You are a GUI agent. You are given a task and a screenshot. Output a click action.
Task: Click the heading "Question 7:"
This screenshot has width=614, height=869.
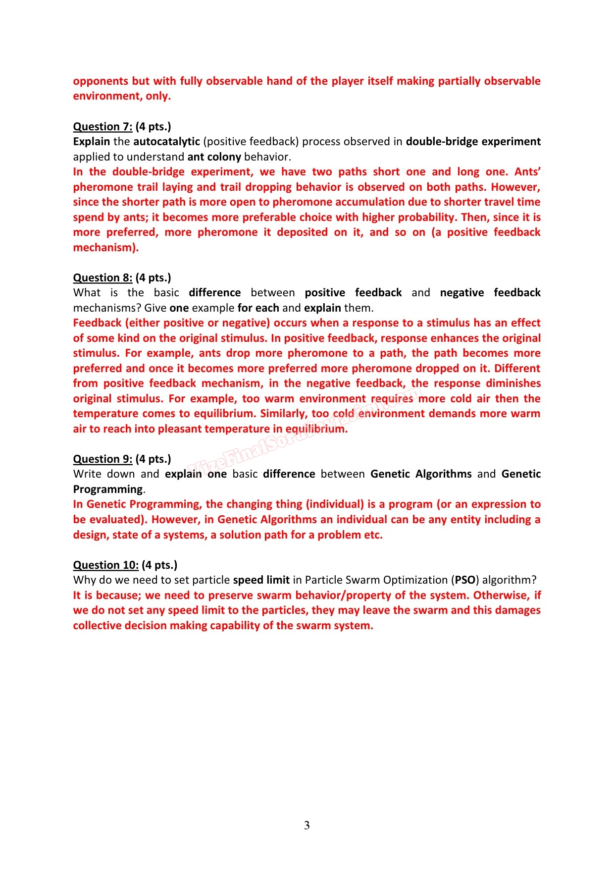coord(102,127)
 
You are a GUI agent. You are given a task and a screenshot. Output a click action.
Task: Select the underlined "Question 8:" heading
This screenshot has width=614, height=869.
coord(102,278)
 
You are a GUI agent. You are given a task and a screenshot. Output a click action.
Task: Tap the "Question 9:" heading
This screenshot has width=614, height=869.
coord(102,459)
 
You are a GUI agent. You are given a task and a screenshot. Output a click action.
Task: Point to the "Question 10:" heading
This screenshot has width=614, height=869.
coord(105,565)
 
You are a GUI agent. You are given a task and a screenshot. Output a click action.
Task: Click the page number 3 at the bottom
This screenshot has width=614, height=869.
coord(307,825)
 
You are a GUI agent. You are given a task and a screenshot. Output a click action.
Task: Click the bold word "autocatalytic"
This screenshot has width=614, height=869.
coord(166,142)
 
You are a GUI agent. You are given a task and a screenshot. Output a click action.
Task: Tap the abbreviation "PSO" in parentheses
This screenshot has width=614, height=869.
coord(465,580)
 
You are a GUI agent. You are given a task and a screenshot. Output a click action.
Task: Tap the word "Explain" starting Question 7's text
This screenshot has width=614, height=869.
coord(91,142)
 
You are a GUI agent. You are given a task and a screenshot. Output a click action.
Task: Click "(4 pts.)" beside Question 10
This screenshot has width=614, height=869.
coord(159,565)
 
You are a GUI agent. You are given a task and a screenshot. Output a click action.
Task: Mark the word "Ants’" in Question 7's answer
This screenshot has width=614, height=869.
coord(527,172)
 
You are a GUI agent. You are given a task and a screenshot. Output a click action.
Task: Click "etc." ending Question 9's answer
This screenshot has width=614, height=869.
coord(372,535)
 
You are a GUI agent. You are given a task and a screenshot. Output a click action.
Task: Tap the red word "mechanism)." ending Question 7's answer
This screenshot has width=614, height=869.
coord(105,248)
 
